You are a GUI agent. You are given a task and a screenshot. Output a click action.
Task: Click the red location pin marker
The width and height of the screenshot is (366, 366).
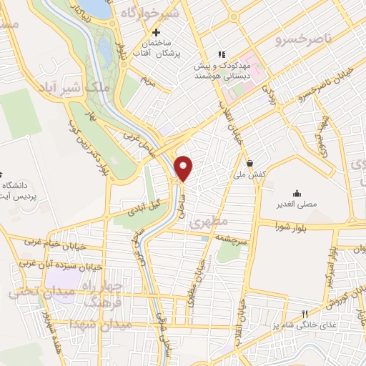[x=184, y=168]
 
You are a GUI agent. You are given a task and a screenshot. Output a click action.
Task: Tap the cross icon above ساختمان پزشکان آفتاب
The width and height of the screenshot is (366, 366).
[x=157, y=32]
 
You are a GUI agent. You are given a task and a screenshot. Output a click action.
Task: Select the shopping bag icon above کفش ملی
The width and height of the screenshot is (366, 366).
[x=250, y=162]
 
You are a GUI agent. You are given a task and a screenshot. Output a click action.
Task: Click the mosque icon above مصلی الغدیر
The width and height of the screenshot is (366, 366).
[x=297, y=192]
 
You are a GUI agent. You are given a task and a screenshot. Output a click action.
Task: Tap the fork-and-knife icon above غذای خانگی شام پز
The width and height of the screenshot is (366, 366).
[x=305, y=313]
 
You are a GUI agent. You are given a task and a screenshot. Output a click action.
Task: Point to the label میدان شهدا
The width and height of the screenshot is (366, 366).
[x=97, y=325]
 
